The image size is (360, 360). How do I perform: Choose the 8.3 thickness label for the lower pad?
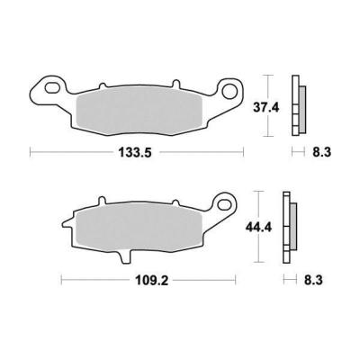pyautogui.click(x=314, y=281)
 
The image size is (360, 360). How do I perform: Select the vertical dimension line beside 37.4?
pyautogui.click(x=265, y=104)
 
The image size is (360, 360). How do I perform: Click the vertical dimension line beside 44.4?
pyautogui.click(x=258, y=228)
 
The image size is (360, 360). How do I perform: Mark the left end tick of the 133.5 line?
pyautogui.click(x=31, y=152)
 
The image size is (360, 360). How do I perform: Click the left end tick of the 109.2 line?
pyautogui.click(x=60, y=281)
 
